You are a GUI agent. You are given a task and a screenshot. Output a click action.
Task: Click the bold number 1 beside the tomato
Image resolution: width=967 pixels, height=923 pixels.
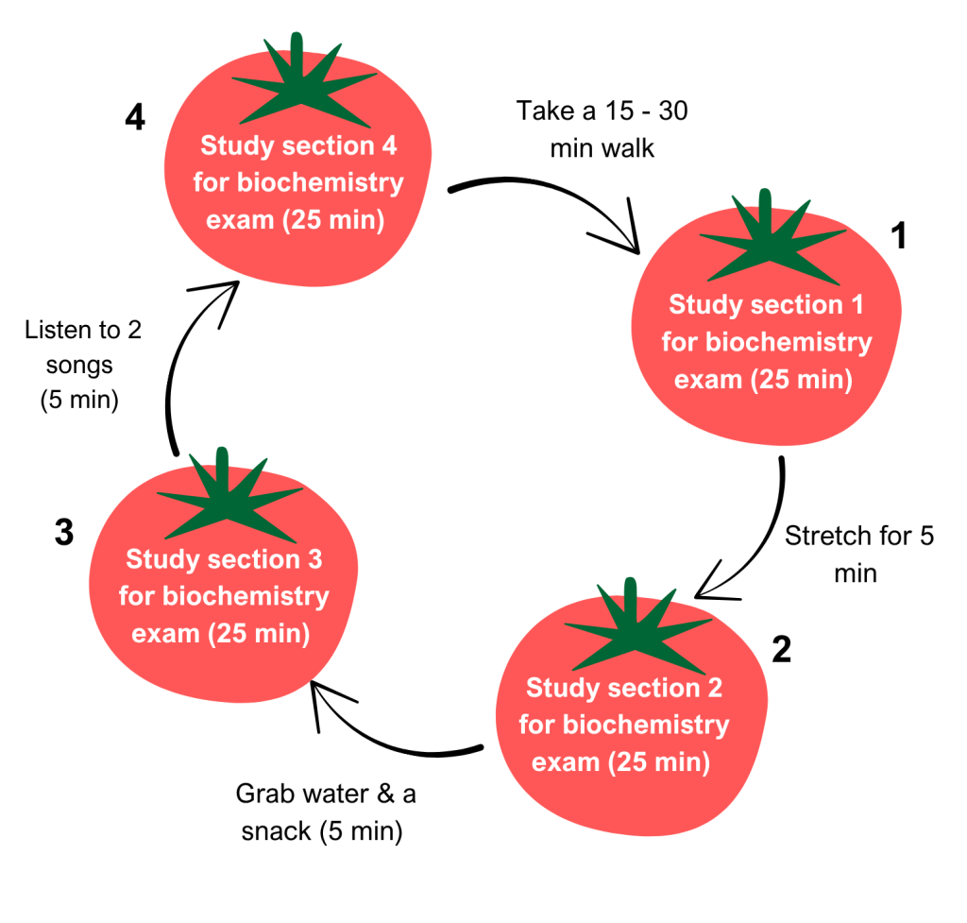(899, 235)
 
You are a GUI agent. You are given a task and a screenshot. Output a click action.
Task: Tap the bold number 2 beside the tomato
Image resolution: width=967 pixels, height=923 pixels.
(781, 650)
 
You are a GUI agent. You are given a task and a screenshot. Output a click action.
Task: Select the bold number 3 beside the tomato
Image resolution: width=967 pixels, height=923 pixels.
(63, 534)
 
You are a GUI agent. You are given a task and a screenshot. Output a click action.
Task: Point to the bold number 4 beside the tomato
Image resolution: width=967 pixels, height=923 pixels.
(135, 120)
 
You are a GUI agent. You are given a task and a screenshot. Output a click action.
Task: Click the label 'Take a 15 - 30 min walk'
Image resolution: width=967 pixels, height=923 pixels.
(602, 129)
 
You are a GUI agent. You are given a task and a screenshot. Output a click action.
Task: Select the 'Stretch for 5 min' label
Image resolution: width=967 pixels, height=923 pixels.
(858, 554)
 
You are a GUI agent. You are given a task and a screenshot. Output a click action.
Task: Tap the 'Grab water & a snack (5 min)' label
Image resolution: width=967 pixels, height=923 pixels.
(326, 812)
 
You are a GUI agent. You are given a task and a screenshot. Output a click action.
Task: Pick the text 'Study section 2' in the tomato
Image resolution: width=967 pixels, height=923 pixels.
(624, 688)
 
